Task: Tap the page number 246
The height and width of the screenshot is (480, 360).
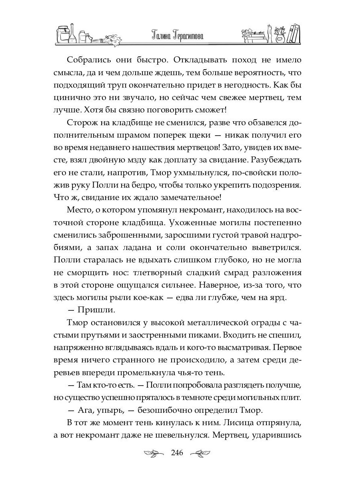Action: click(177, 453)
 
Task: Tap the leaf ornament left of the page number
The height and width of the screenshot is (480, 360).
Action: click(154, 453)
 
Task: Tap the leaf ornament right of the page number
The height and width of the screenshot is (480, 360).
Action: click(200, 453)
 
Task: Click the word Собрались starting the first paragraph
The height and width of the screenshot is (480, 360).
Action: click(88, 60)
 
